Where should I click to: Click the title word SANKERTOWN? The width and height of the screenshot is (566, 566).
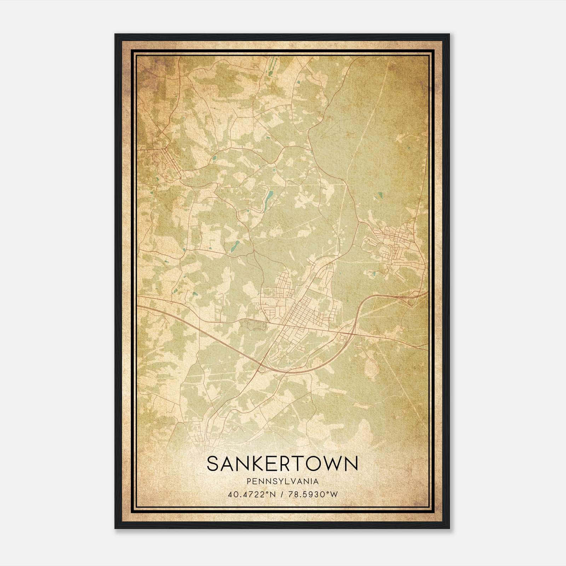(282, 463)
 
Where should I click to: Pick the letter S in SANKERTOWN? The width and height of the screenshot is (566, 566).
(213, 463)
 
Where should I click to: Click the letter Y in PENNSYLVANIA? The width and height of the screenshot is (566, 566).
(276, 481)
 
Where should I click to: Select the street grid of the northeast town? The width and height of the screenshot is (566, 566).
(396, 244)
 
